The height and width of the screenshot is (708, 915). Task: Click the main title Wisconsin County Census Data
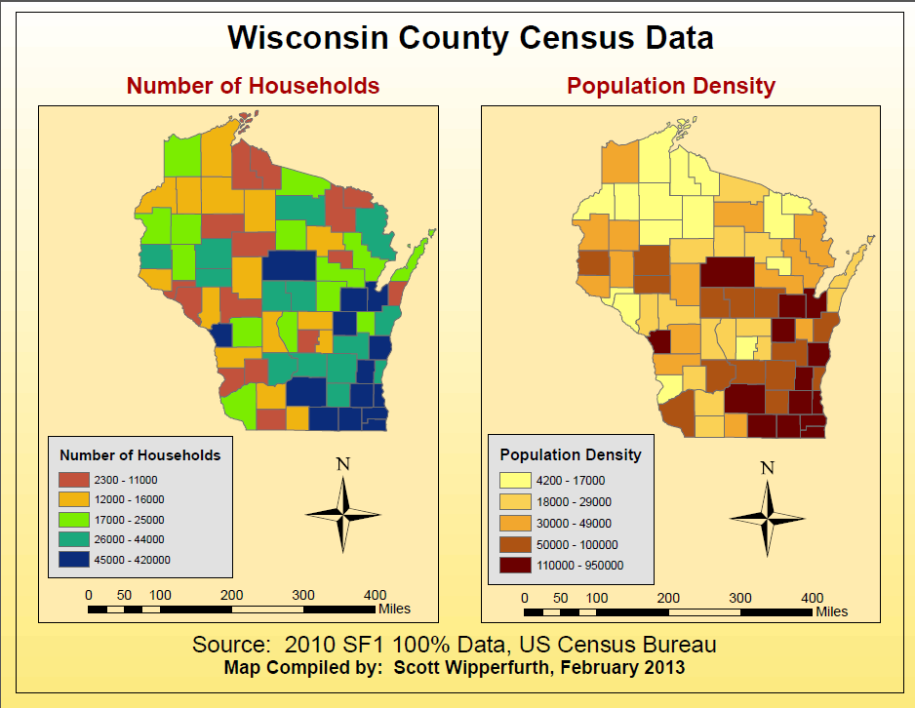pyautogui.click(x=470, y=38)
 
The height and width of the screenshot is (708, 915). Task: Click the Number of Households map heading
pyautogui.click(x=253, y=86)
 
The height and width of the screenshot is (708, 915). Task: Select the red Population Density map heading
pyautogui.click(x=671, y=86)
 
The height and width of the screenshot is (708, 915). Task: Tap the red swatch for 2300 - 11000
pyautogui.click(x=73, y=480)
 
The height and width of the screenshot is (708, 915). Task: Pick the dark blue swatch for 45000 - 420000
pyautogui.click(x=73, y=560)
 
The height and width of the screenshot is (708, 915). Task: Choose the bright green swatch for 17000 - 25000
pyautogui.click(x=73, y=520)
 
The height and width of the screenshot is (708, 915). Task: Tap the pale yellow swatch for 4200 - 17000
pyautogui.click(x=514, y=481)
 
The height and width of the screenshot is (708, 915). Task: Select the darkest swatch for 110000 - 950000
pyautogui.click(x=514, y=565)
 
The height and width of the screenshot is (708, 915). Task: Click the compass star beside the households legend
pyautogui.click(x=342, y=512)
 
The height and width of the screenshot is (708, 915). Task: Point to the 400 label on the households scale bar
pyautogui.click(x=375, y=595)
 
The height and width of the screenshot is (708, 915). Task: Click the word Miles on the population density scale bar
pyautogui.click(x=832, y=612)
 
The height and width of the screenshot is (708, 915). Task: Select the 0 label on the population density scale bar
pyautogui.click(x=525, y=598)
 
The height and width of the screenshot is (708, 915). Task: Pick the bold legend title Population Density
pyautogui.click(x=571, y=454)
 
